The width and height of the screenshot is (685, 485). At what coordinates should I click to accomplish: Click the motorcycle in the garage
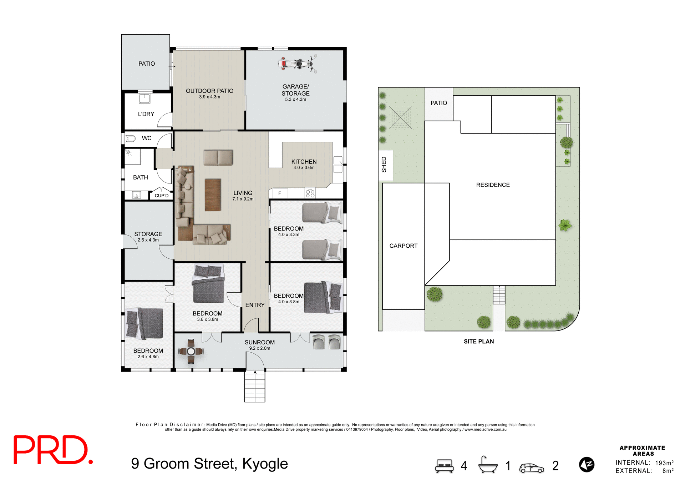pyautogui.click(x=298, y=64)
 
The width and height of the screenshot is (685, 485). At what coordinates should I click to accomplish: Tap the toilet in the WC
pyautogui.click(x=130, y=138)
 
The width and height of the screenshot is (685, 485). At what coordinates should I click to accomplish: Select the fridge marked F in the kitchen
pyautogui.click(x=280, y=193)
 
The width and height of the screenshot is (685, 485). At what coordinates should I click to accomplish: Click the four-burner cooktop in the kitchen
pyautogui.click(x=310, y=193)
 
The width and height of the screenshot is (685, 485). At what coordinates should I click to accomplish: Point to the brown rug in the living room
pyautogui.click(x=213, y=195)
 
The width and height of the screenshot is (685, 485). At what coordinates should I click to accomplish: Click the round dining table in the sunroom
pyautogui.click(x=191, y=351)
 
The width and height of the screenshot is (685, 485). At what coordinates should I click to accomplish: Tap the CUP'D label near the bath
pyautogui.click(x=161, y=196)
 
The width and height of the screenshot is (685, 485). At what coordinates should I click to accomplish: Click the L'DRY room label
pyautogui.click(x=146, y=114)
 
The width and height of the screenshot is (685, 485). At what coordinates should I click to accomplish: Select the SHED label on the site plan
pyautogui.click(x=384, y=165)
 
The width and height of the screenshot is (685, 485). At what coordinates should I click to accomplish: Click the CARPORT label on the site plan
pyautogui.click(x=403, y=246)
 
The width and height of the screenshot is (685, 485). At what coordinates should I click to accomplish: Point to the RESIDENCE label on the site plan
pyautogui.click(x=493, y=185)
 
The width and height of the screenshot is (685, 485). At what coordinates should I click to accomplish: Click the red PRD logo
pyautogui.click(x=53, y=450)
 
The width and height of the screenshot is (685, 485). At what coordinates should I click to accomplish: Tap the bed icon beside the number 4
pyautogui.click(x=444, y=465)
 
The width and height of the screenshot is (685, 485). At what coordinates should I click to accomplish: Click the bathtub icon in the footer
pyautogui.click(x=488, y=465)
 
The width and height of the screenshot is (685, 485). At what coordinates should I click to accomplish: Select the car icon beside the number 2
pyautogui.click(x=531, y=468)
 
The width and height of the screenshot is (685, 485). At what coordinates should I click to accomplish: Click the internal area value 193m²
pyautogui.click(x=664, y=463)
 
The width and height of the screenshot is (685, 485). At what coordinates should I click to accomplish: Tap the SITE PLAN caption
pyautogui.click(x=478, y=341)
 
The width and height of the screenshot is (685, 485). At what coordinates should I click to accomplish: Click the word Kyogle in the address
pyautogui.click(x=265, y=463)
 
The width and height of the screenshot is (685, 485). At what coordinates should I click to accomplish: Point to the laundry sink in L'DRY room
pyautogui.click(x=144, y=98)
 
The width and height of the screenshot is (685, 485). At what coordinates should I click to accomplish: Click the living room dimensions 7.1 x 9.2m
pyautogui.click(x=243, y=199)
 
